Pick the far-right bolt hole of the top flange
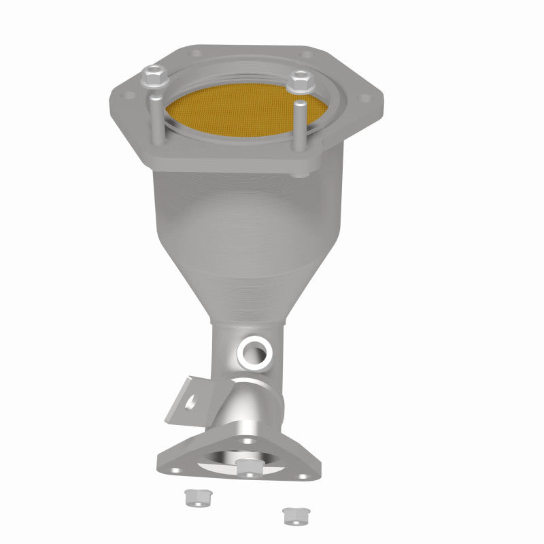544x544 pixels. click(367, 98)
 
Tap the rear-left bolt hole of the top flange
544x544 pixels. click(197, 52)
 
